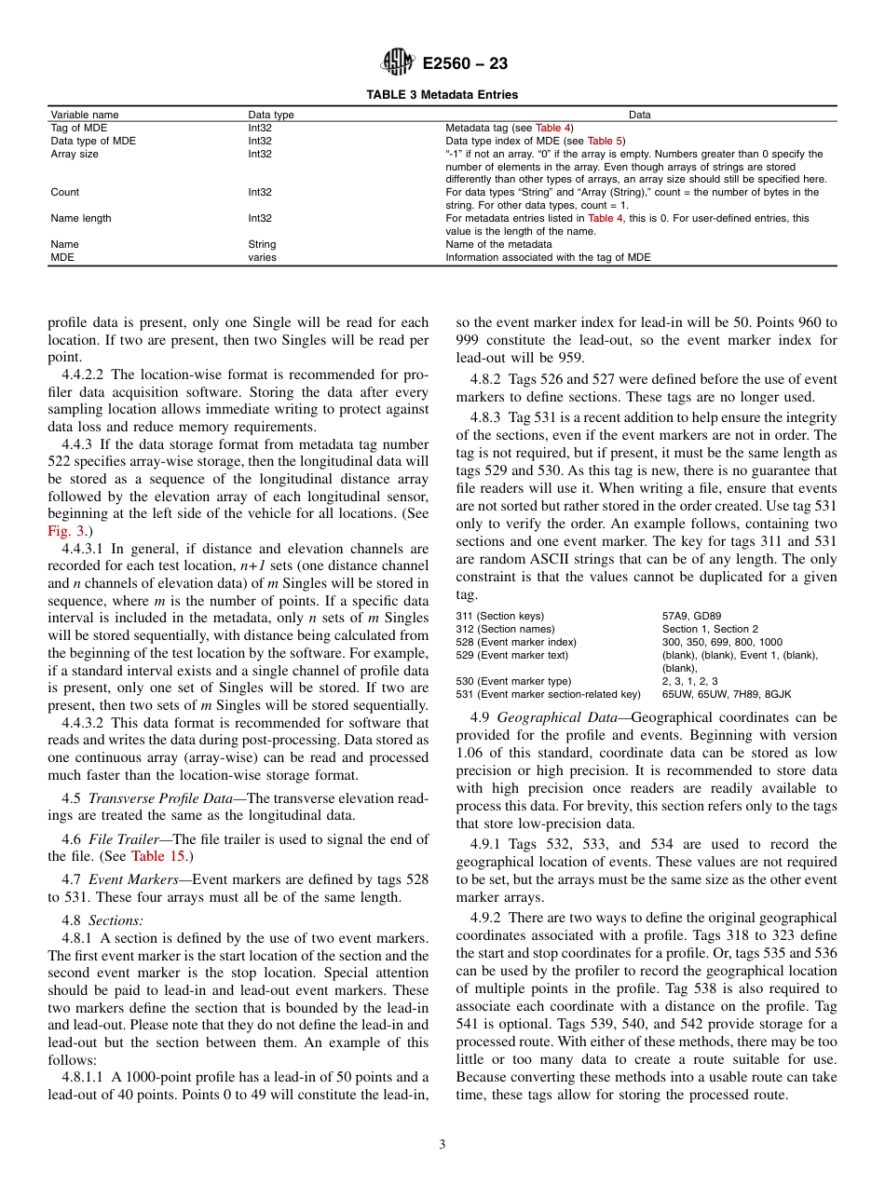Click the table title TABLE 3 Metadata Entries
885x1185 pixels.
point(442,94)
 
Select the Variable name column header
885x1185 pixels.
point(85,115)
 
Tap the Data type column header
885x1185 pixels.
point(270,115)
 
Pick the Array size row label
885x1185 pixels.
point(75,154)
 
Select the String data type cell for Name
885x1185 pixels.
point(262,244)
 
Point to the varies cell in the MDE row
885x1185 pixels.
point(262,257)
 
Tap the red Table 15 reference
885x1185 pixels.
point(160,856)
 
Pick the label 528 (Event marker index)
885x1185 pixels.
point(516,642)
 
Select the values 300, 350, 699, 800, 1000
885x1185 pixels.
point(722,642)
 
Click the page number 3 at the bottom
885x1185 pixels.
point(442,1145)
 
